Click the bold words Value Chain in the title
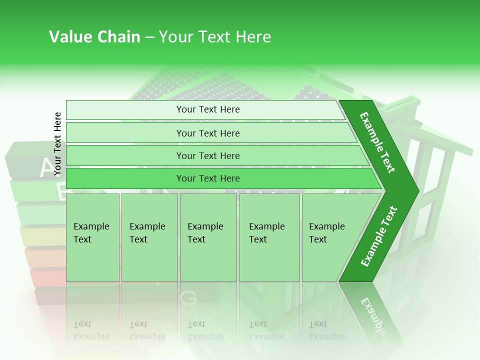pyautogui.click(x=94, y=37)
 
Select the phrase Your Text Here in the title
pyautogui.click(x=215, y=37)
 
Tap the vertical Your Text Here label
pyautogui.click(x=57, y=144)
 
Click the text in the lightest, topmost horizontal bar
pyautogui.click(x=208, y=109)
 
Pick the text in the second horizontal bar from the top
pyautogui.click(x=208, y=133)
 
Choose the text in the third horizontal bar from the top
pyautogui.click(x=208, y=156)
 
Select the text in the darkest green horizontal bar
pyautogui.click(x=208, y=178)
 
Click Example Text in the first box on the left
pyautogui.click(x=91, y=233)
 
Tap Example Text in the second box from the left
pyautogui.click(x=147, y=233)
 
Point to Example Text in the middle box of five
pyautogui.click(x=205, y=233)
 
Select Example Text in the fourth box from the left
pyautogui.click(x=266, y=233)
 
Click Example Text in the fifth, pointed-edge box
pyautogui.click(x=326, y=233)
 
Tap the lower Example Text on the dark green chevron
pyautogui.click(x=379, y=236)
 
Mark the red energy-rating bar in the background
pyautogui.click(x=47, y=276)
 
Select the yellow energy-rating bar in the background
pyautogui.click(x=42, y=235)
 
